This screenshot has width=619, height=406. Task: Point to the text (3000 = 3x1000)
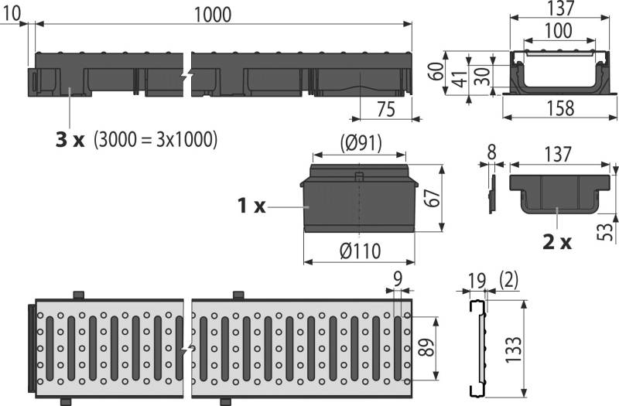tap(156, 140)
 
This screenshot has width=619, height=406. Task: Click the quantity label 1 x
tap(251, 206)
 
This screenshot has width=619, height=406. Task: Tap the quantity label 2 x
tap(557, 241)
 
